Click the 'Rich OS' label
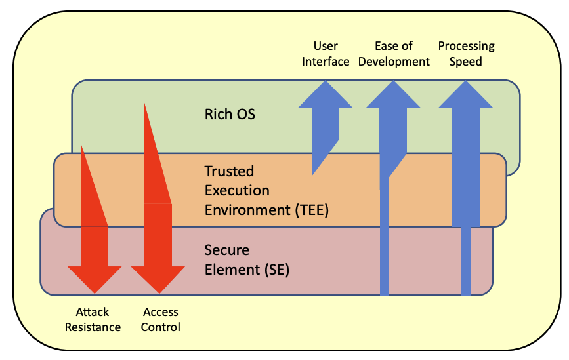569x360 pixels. coord(230,114)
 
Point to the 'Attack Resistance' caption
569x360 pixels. coord(93,319)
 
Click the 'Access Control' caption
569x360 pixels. coord(160,319)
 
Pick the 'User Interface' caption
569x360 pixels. coord(326,54)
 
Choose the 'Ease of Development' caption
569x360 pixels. coord(394,54)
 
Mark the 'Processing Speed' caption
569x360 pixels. coord(466,54)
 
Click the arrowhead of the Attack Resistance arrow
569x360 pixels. coord(94,278)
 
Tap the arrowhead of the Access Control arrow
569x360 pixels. coord(158,278)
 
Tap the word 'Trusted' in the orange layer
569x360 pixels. coord(229,171)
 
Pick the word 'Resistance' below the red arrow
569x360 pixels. coord(93,327)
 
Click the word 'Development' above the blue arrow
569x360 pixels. coord(394,62)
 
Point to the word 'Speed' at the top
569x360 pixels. coord(466,62)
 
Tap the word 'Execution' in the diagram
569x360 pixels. coord(237,191)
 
